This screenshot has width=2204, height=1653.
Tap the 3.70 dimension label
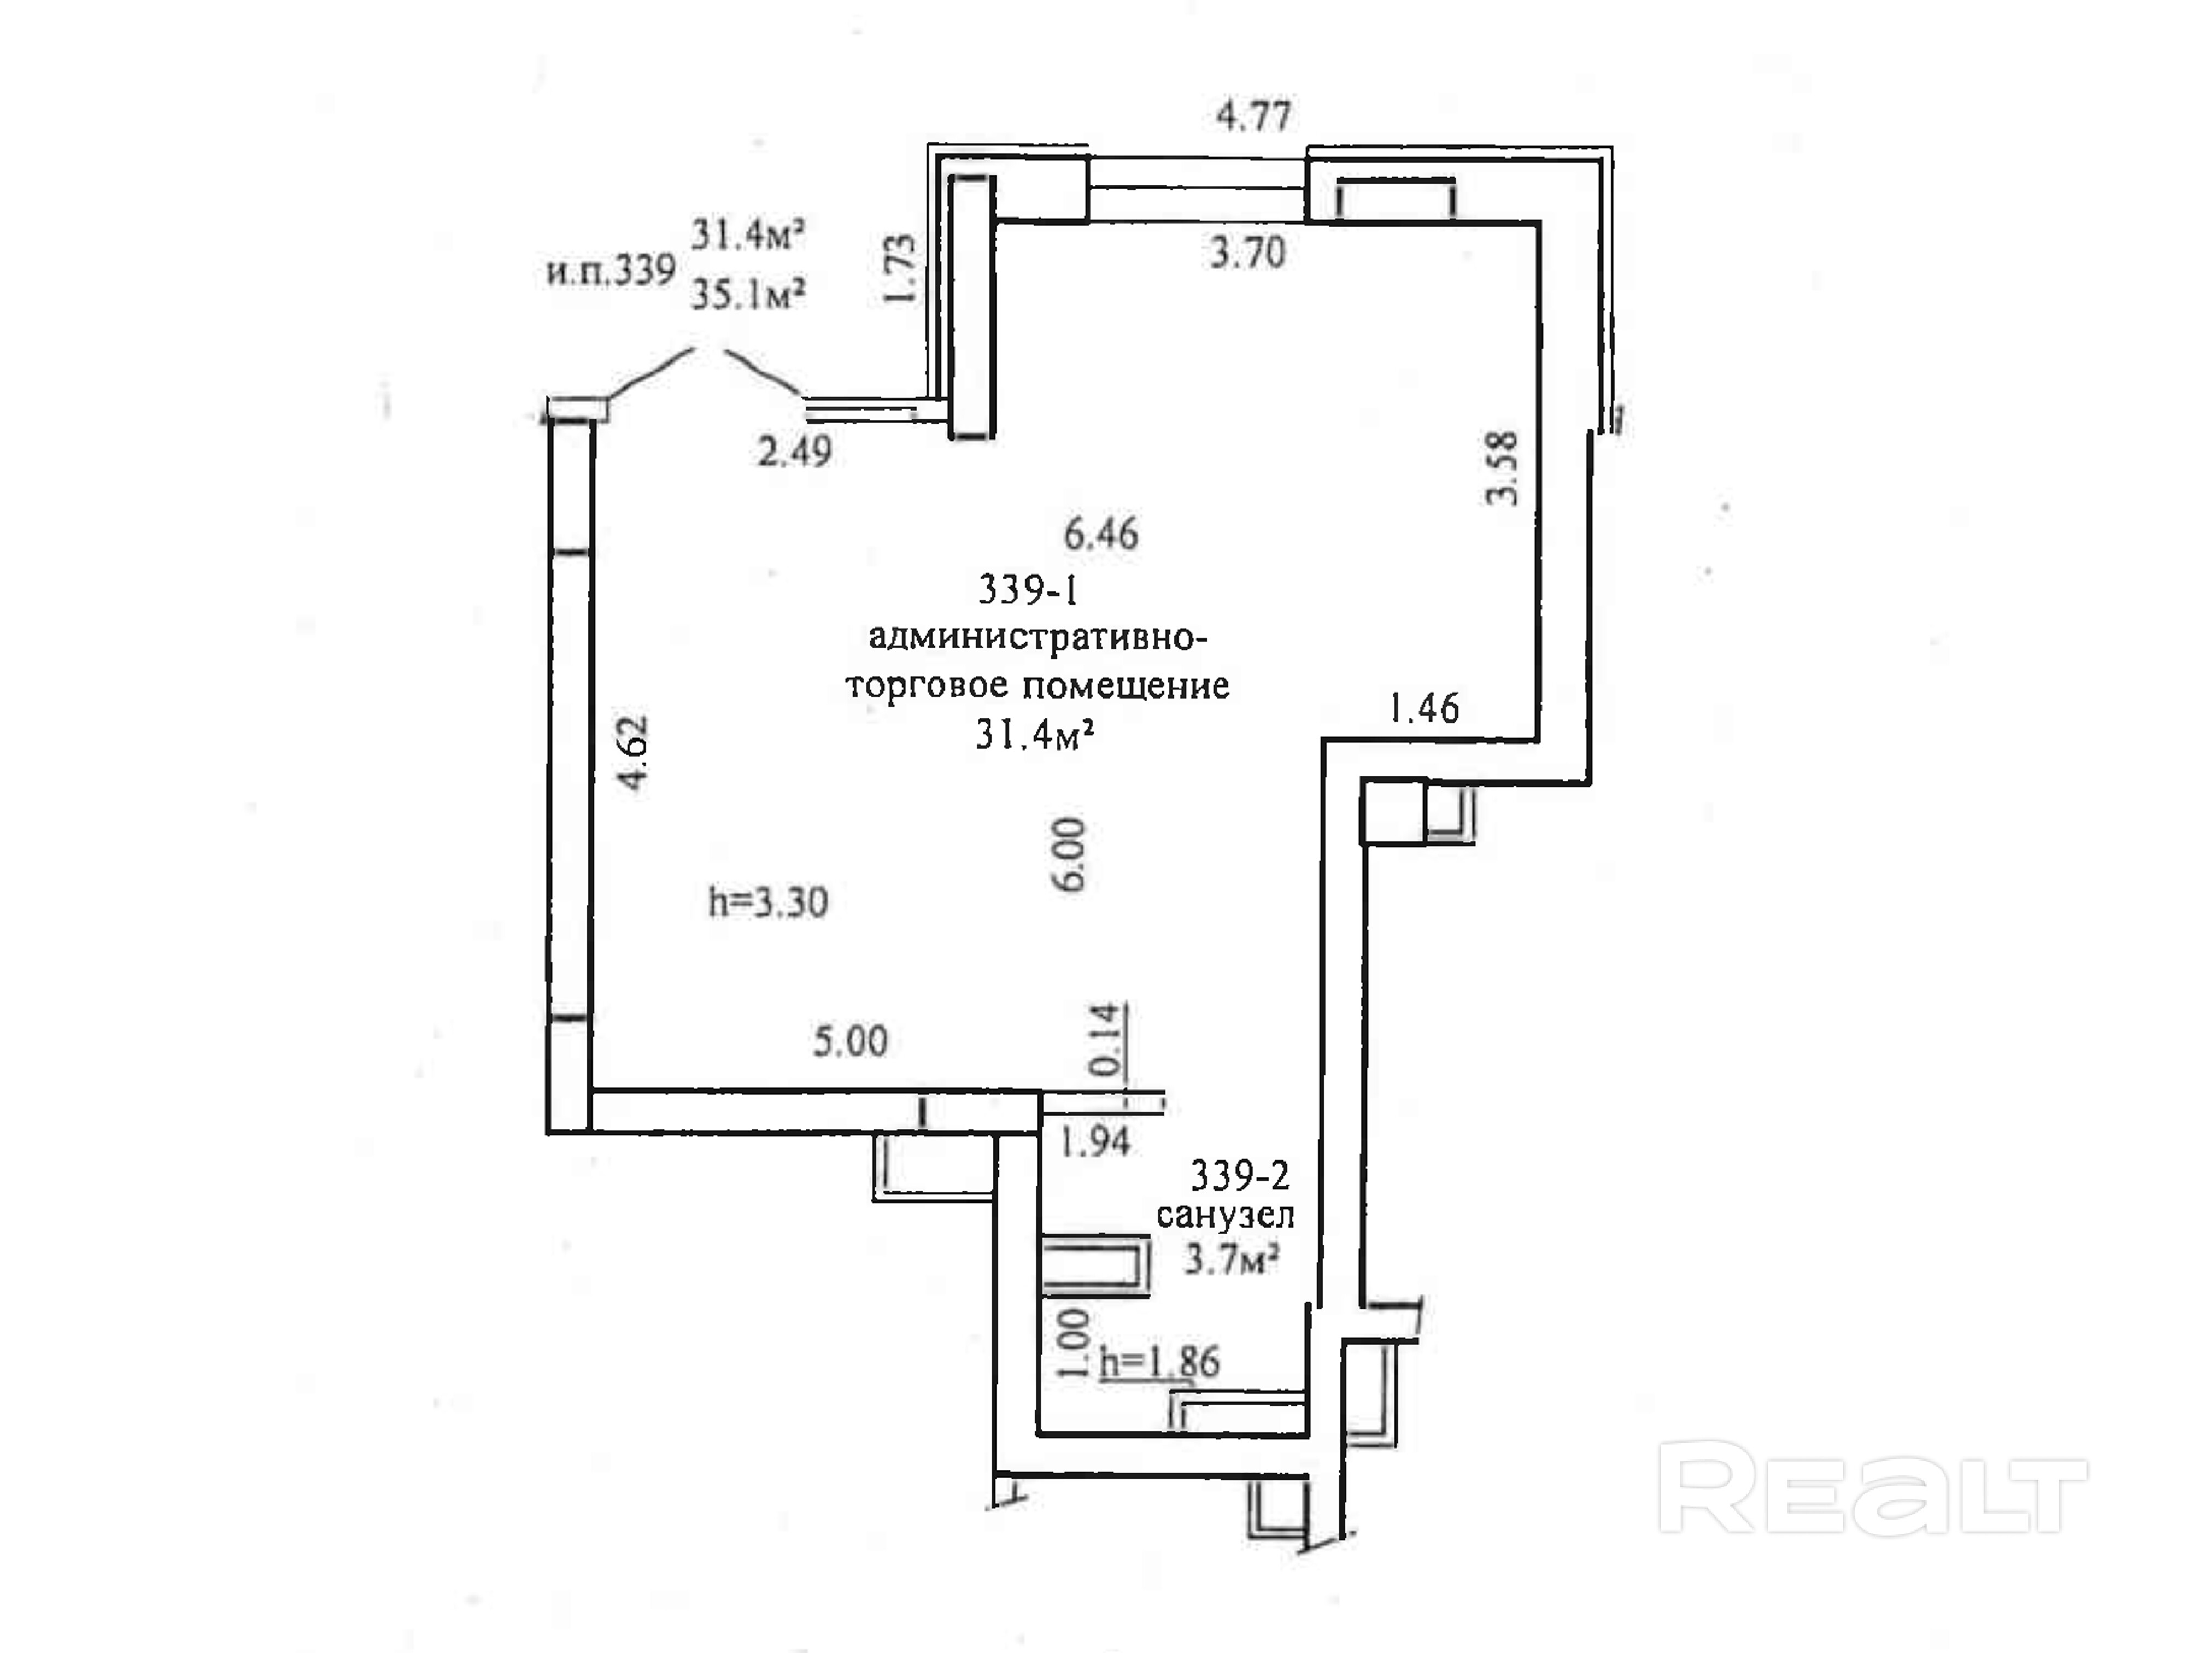[x=1247, y=253]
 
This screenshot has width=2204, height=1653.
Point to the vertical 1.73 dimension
[x=899, y=269]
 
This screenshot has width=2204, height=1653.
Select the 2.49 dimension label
[x=794, y=452]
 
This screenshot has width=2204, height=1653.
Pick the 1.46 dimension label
[x=1424, y=708]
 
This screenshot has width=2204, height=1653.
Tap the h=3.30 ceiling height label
[x=767, y=902]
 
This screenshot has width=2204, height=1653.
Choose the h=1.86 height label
[x=1159, y=1362]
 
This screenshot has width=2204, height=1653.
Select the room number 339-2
[x=1240, y=1177]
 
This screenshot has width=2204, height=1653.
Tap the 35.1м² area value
[x=748, y=294]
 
